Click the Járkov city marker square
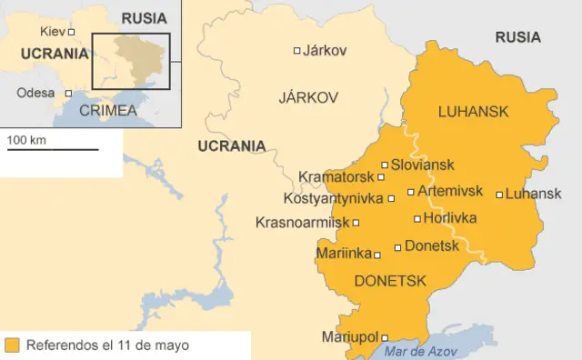pos(296,51)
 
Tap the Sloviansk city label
pos(423,165)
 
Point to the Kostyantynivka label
pos(334,198)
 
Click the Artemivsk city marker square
pos(411,192)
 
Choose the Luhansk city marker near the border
pos(499,194)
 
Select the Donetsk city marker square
pos(397,247)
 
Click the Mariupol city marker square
pos(384,337)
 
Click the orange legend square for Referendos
pos(12,345)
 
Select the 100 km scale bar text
pos(26,140)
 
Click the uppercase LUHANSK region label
pos(472,112)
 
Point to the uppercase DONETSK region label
pos(389,281)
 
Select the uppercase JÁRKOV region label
pos(308,96)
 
